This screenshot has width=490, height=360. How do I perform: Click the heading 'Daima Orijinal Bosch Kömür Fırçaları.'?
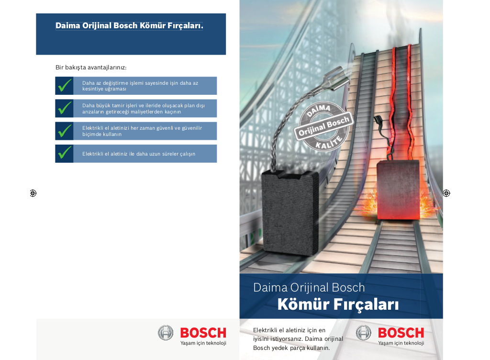(129, 26)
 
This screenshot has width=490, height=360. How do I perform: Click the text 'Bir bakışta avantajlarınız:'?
(91, 67)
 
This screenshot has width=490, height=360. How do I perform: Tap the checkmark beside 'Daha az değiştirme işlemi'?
(65, 85)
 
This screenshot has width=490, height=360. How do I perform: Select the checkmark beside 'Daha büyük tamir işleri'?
(65, 108)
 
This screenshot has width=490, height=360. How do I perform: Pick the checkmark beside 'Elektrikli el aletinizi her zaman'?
(65, 131)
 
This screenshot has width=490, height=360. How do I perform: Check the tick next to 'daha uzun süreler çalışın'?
(65, 153)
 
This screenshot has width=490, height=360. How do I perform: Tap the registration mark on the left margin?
(33, 193)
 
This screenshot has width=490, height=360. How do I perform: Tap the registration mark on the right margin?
(446, 193)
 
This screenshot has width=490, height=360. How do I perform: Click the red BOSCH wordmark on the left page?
(203, 333)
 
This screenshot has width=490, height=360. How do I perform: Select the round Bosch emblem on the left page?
(166, 333)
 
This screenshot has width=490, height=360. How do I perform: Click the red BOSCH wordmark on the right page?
(401, 333)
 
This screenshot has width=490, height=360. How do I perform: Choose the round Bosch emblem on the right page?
(364, 333)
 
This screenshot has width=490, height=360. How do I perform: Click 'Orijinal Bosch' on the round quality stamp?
(324, 126)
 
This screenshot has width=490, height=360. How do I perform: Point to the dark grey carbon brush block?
(290, 212)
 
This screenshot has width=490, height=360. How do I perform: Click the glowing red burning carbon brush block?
(398, 190)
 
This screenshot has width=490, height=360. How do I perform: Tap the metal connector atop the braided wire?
(336, 78)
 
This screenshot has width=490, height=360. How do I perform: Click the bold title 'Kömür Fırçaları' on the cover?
(338, 304)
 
